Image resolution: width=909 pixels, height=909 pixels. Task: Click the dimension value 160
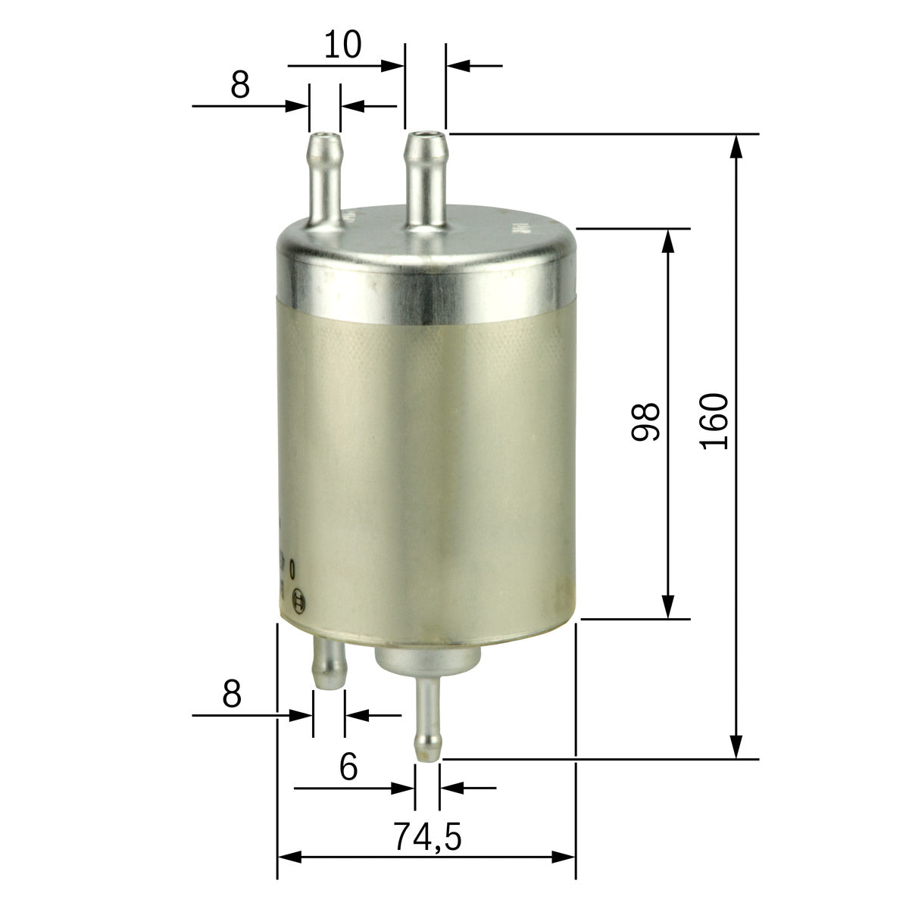715,421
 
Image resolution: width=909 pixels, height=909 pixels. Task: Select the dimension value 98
646,421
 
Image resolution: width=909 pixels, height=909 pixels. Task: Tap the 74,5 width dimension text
427,837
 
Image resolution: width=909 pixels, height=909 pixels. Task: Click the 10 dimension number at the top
342,45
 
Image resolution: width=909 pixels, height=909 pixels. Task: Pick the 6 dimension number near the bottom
348,767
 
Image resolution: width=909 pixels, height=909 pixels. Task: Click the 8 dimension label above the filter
240,86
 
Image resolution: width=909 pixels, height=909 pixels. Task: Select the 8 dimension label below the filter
232,694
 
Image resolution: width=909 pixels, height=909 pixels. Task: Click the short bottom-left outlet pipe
329,662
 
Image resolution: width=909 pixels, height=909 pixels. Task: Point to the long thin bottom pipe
428,716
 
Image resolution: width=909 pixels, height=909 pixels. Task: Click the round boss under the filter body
426,658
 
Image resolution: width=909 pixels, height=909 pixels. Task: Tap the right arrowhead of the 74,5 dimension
564,857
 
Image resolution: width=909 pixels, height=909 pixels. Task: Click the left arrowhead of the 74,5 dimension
290,857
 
